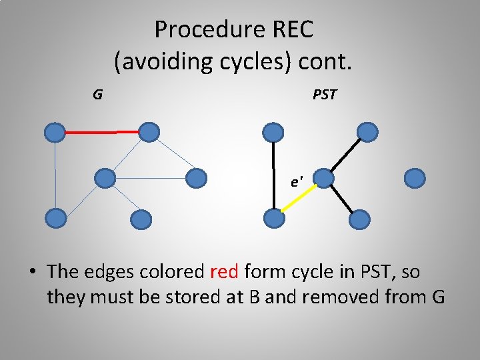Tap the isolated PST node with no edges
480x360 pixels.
point(415,178)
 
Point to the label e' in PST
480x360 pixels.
point(297,181)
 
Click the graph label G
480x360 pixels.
point(97,95)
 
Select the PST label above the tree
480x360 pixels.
point(325,95)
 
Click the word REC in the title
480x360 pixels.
point(288,29)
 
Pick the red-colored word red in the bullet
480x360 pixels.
point(225,271)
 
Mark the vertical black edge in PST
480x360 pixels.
point(273,175)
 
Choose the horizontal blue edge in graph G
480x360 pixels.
point(151,178)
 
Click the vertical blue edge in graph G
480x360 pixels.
point(55,175)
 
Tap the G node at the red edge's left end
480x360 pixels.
point(55,133)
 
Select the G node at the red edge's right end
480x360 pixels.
point(149,132)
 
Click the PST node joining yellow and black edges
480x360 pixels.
point(322,178)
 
